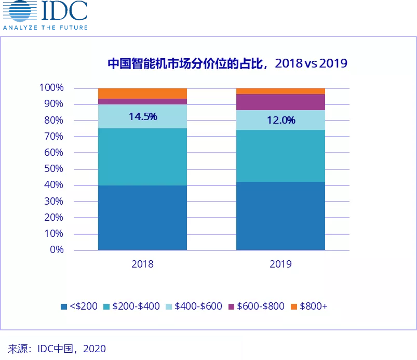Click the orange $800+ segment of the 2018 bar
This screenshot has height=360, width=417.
click(142, 94)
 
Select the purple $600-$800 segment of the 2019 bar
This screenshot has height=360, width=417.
click(280, 102)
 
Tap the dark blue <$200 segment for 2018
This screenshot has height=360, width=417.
click(142, 218)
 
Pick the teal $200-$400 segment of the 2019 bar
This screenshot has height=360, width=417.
click(280, 156)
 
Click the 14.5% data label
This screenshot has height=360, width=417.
click(143, 116)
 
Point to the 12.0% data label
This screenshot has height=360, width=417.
click(281, 120)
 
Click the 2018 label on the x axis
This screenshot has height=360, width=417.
click(142, 264)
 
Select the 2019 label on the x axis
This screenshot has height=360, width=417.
click(280, 264)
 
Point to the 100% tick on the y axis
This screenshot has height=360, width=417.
click(51, 88)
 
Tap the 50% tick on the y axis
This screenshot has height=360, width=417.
click(54, 169)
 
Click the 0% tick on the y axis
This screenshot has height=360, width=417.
click(57, 250)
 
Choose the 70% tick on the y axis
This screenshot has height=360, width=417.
click(54, 137)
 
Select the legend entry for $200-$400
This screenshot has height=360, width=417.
click(132, 306)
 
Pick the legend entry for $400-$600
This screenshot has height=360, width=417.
click(194, 306)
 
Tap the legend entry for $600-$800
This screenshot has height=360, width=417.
click(257, 306)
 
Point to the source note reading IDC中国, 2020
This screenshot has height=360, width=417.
click(57, 349)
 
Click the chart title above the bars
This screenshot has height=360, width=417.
click(227, 63)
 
